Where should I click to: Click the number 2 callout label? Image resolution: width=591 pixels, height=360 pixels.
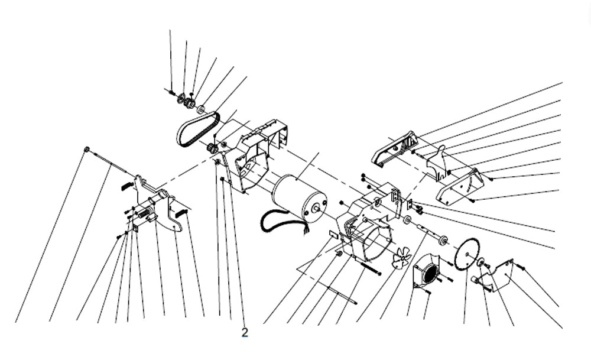tap(245, 332)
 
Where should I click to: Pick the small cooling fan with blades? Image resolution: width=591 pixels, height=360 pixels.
tap(402, 258)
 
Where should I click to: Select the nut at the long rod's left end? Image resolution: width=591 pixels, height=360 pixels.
tap(87, 149)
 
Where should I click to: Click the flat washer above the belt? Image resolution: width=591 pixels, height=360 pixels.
tap(202, 109)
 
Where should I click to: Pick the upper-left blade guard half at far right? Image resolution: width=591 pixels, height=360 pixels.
tap(395, 148)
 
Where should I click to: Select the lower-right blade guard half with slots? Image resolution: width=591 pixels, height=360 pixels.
tap(459, 187)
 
